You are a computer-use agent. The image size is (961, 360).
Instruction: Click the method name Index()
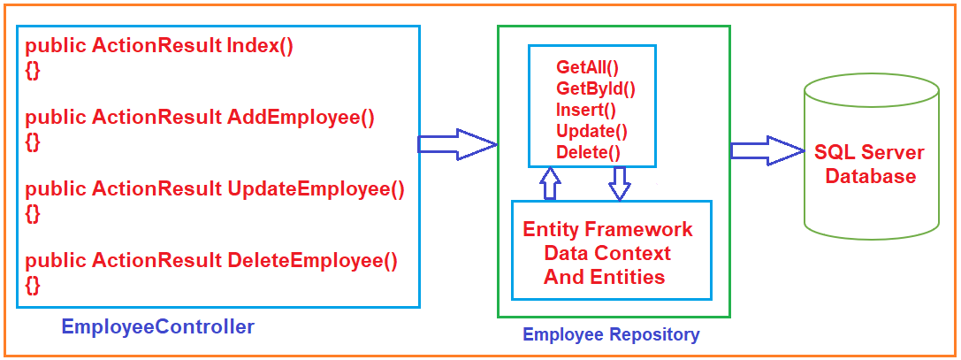pos(260,47)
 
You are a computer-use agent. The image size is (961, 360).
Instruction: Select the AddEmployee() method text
pos(301,118)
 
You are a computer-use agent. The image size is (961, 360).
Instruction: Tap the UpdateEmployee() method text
pos(316,188)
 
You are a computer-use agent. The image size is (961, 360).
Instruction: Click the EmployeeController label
pos(157,327)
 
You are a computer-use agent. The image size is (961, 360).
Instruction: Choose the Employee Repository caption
pos(611,334)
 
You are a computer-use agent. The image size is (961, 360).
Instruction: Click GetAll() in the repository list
pos(587,67)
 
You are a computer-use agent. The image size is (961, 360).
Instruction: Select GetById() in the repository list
pos(595,88)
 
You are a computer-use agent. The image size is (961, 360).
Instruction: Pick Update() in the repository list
pos(591,131)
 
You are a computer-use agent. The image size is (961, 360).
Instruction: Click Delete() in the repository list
pos(588,152)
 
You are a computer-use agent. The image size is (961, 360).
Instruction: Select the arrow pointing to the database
pos(765,150)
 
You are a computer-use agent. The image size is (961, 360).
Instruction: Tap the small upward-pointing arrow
pos(550,183)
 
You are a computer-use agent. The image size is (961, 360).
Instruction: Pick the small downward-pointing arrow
pos(620,183)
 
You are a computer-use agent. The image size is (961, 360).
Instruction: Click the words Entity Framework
pos(607,230)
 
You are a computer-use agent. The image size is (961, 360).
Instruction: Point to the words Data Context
pos(607,254)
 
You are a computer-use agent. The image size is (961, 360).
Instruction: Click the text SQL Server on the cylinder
pos(869,152)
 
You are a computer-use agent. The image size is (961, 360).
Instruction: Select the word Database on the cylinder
pos(870,176)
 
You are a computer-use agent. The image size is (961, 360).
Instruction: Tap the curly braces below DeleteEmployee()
pos(32,284)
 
